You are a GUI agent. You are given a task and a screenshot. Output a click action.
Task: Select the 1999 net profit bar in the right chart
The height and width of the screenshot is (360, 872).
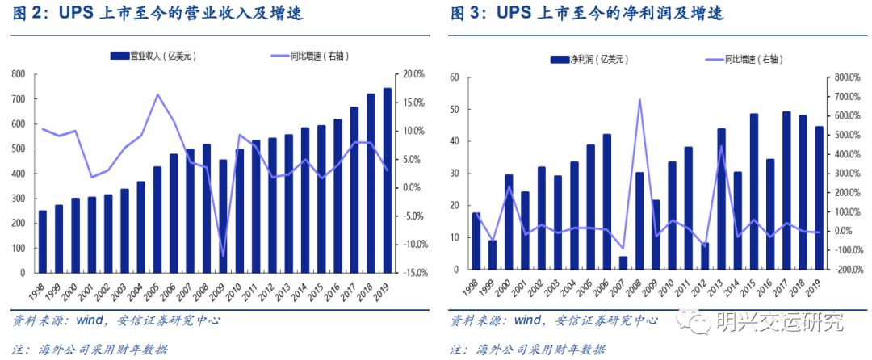(493, 255)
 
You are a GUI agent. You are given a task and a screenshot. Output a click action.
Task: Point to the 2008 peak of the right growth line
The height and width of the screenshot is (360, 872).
(639, 100)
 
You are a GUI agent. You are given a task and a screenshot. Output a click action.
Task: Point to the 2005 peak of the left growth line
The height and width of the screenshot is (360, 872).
(157, 94)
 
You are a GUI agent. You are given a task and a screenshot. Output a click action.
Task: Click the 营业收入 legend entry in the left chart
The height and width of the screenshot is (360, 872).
(153, 56)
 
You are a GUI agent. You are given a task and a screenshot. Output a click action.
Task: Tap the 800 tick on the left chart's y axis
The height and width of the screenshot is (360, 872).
(18, 74)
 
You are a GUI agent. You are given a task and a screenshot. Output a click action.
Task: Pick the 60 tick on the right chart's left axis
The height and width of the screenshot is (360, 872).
(454, 78)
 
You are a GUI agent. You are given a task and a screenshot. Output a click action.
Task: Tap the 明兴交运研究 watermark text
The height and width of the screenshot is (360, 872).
(779, 322)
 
